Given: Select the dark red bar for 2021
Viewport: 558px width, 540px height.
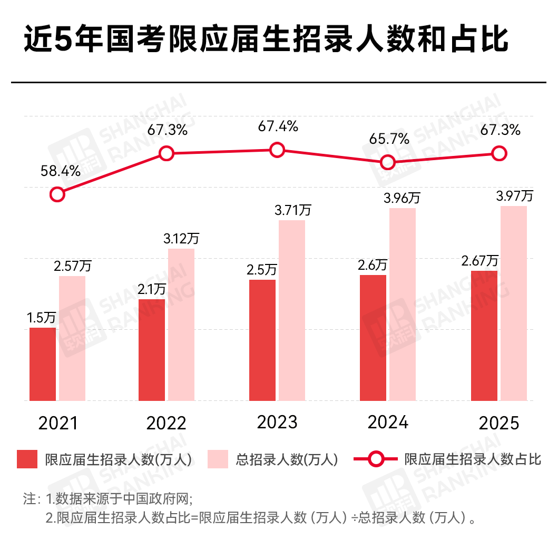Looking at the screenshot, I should [43, 364].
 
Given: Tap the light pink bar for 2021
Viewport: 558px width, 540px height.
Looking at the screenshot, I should [72, 338].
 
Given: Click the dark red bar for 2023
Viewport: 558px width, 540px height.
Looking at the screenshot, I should [262, 340].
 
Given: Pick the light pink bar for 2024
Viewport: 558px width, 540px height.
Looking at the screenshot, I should [403, 305].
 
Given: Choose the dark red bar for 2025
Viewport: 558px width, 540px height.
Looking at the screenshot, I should [484, 336].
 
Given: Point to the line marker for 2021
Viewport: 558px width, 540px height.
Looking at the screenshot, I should [57, 194].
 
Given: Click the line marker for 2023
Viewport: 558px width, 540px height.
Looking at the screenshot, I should [277, 150].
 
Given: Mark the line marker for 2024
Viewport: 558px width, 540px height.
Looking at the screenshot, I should [388, 162].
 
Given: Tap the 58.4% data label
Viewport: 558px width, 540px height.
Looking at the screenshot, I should [61, 171].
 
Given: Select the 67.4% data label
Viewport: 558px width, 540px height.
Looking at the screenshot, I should [278, 126].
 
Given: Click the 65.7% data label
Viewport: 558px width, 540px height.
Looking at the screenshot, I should [389, 139].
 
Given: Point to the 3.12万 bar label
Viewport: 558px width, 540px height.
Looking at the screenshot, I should [181, 238].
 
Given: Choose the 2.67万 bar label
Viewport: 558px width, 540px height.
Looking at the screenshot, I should [480, 261].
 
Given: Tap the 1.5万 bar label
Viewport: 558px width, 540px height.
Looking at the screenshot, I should [42, 318].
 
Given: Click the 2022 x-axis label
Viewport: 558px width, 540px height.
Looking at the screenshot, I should [167, 423].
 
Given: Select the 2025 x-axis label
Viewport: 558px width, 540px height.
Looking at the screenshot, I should [499, 423].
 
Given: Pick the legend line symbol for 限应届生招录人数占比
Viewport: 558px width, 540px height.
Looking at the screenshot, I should [375, 459].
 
